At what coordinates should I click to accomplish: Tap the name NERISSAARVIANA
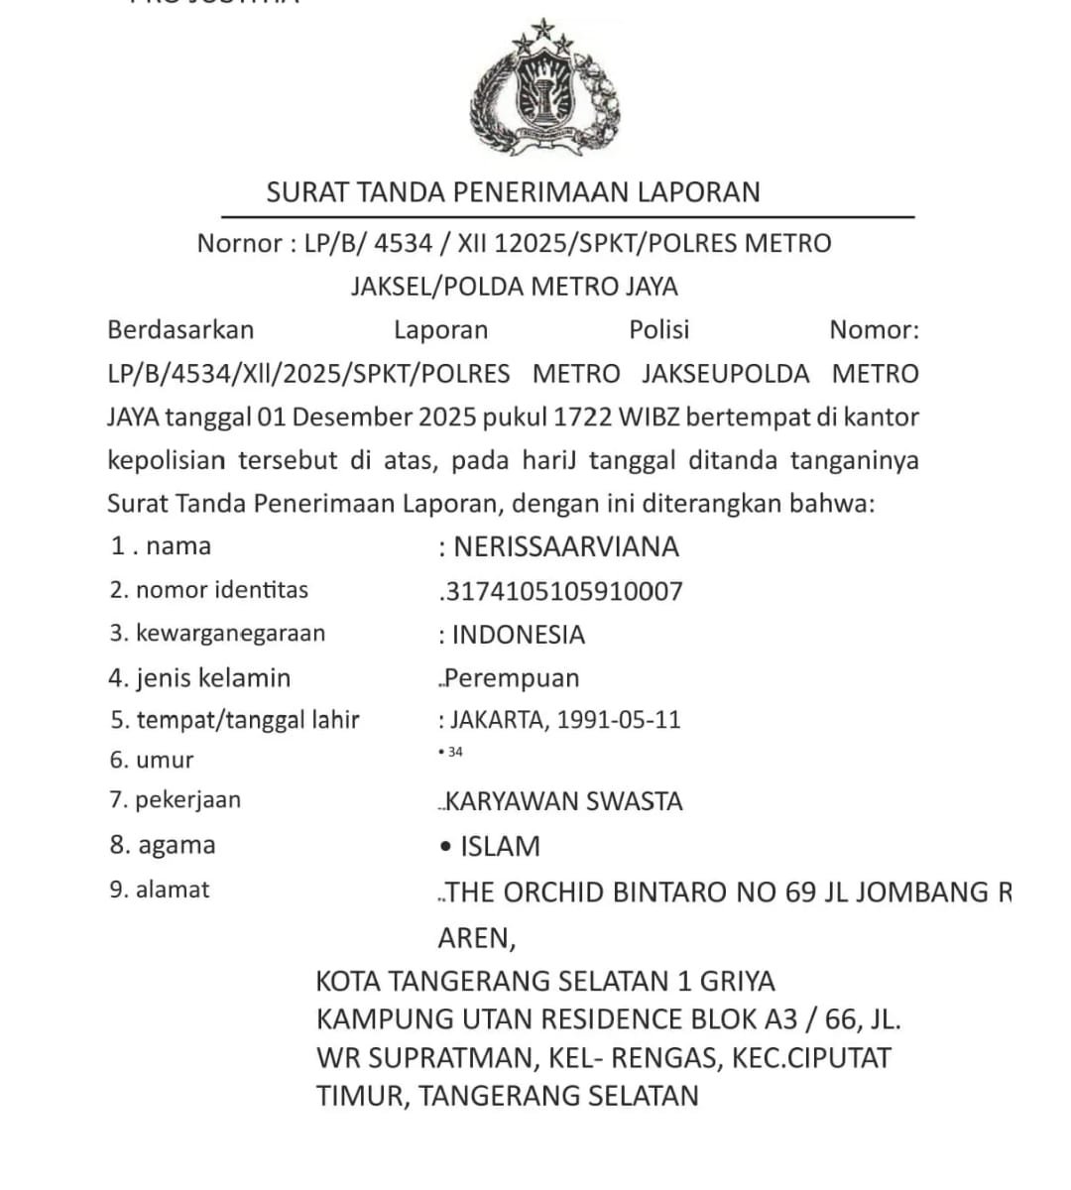tap(566, 547)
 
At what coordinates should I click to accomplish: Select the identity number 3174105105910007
tap(563, 592)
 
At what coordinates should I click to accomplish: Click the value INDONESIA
tap(519, 635)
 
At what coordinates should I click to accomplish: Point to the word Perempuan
tap(512, 678)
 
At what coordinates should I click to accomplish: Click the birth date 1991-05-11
tap(619, 720)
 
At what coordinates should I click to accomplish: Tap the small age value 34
tap(455, 752)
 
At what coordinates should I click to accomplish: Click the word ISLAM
tap(500, 846)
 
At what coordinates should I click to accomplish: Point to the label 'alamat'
tap(173, 890)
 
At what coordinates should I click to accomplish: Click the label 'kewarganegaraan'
tap(230, 633)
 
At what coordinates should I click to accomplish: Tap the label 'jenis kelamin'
tap(213, 678)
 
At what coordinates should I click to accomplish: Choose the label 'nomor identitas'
tap(222, 590)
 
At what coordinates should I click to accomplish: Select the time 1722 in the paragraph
tap(585, 416)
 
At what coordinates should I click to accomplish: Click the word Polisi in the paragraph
tap(658, 330)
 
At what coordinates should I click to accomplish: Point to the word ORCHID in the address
tap(552, 892)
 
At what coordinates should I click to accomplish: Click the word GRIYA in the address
tap(738, 981)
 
